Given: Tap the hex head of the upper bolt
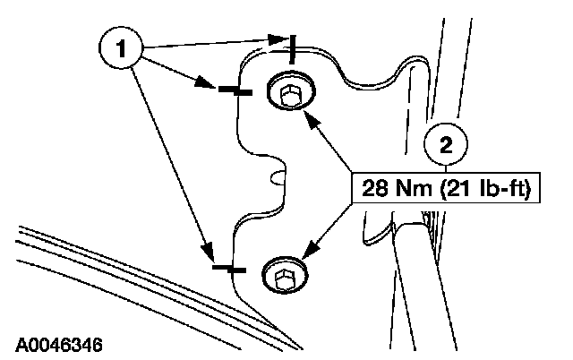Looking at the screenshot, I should (288, 92).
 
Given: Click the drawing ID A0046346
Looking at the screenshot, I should (59, 344).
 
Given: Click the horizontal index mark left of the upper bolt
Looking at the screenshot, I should (229, 89).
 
